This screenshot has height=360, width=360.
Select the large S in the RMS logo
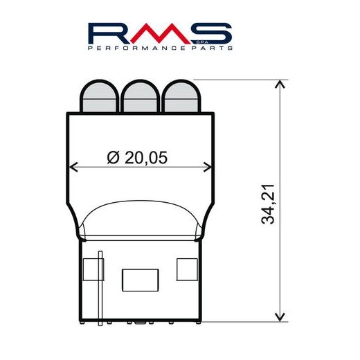pos(212,34)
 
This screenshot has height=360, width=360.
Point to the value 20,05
pos(147,158)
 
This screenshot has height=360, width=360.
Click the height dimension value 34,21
pos(272,201)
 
